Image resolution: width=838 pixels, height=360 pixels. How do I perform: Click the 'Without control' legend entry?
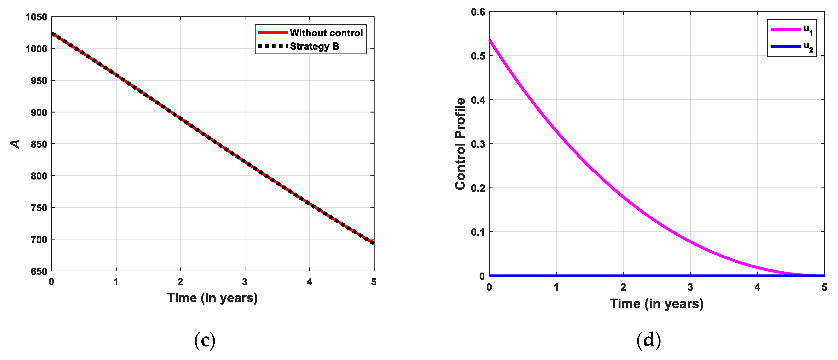click(326, 33)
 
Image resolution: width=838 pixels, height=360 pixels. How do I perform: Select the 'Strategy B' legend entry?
click(314, 46)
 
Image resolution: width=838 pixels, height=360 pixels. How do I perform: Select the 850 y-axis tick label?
click(39, 144)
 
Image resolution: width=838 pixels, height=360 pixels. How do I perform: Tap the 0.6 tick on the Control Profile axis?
click(478, 12)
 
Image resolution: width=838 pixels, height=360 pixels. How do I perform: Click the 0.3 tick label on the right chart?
click(478, 144)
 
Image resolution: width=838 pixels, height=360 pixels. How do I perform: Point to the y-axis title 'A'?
click(15, 144)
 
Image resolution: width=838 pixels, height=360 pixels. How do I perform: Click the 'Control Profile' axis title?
click(460, 144)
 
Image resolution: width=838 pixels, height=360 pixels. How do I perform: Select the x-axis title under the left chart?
click(212, 298)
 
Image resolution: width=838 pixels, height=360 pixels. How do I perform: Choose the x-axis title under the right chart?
click(656, 304)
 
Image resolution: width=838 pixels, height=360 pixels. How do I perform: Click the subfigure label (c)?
click(205, 341)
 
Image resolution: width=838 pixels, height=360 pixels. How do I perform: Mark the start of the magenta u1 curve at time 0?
click(490, 40)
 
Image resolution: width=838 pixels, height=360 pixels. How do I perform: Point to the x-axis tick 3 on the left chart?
click(245, 282)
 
